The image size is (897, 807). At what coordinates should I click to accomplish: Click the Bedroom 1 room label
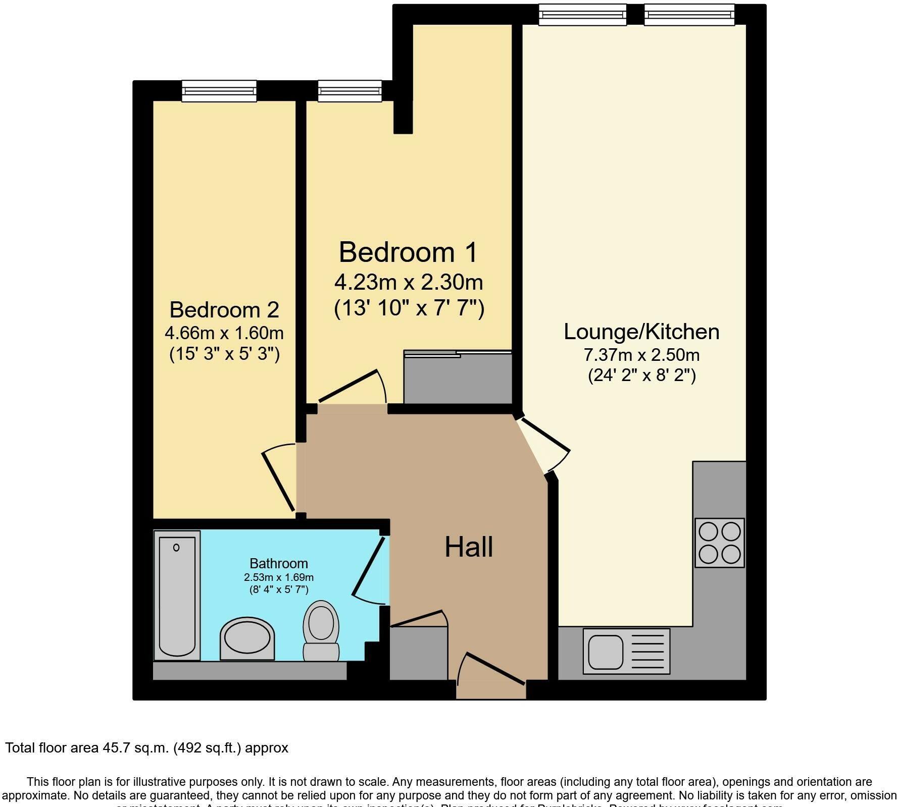(408, 252)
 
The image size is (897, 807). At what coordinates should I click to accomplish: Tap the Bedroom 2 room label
(224, 309)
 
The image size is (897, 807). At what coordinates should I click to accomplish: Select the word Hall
(469, 547)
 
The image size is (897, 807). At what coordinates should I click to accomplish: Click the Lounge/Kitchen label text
(641, 332)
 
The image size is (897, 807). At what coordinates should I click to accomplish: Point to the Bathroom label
(279, 563)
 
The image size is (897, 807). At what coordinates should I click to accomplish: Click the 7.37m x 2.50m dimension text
(641, 355)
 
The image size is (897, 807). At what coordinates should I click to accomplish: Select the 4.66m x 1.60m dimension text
(224, 333)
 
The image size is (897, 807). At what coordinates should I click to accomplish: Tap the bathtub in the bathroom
(177, 595)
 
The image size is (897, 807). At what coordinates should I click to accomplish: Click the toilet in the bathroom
(321, 631)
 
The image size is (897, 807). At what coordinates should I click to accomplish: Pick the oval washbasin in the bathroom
(247, 638)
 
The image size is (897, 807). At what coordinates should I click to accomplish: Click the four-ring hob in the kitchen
(719, 543)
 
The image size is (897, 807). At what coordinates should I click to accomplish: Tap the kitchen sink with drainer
(626, 651)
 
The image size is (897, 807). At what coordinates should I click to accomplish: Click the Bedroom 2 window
(219, 91)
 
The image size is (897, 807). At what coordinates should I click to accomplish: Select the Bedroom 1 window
(350, 91)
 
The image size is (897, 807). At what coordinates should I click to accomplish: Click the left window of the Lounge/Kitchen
(582, 14)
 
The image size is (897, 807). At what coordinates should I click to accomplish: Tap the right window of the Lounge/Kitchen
(689, 14)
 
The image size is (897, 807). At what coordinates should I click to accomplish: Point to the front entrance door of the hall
(492, 671)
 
